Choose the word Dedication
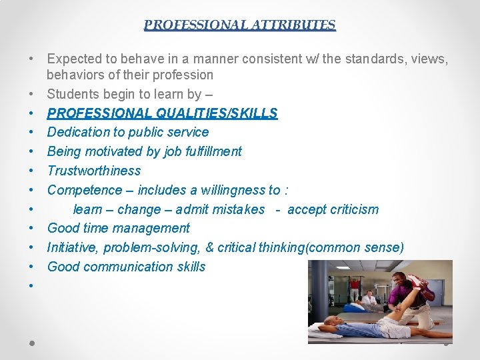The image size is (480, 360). click(x=79, y=132)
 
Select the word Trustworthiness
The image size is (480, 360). click(x=94, y=171)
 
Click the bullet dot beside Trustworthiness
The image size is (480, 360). click(x=32, y=171)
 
